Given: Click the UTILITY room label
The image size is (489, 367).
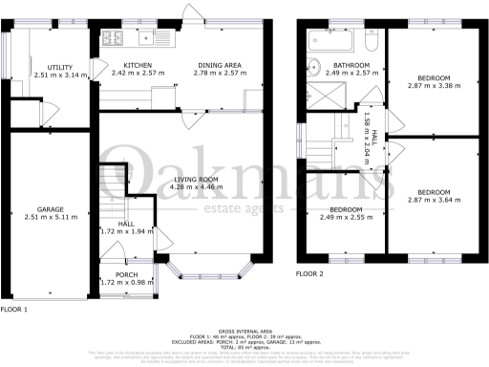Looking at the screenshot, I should (47, 66).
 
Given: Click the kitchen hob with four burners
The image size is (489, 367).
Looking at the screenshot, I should (112, 39).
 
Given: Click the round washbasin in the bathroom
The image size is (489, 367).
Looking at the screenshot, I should (313, 68).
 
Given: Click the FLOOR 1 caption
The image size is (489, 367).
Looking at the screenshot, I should (13, 311).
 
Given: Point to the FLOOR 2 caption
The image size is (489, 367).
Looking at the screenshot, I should (309, 273).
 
